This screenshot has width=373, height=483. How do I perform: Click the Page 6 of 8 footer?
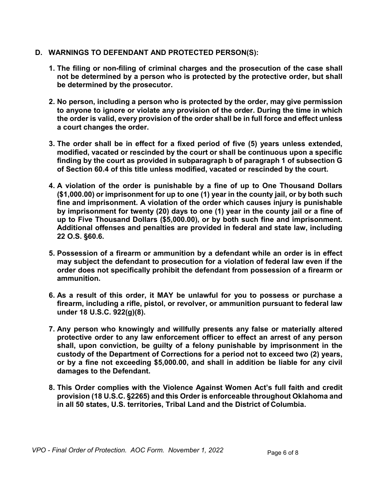283,453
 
